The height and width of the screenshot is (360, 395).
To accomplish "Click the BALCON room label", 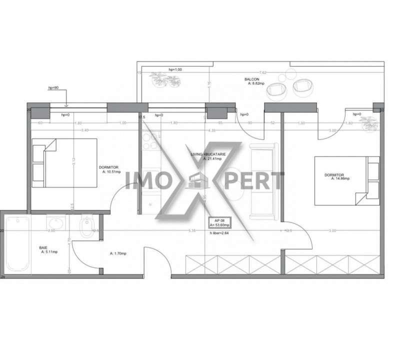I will (251, 79).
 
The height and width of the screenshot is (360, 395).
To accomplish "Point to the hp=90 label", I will (53, 87).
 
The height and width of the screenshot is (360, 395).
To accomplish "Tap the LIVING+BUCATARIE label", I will (208, 155).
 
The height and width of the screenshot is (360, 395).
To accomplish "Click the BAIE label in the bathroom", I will (44, 247).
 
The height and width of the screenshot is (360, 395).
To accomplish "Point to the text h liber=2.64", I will (220, 231).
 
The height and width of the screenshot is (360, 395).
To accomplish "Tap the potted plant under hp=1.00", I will (164, 78).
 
